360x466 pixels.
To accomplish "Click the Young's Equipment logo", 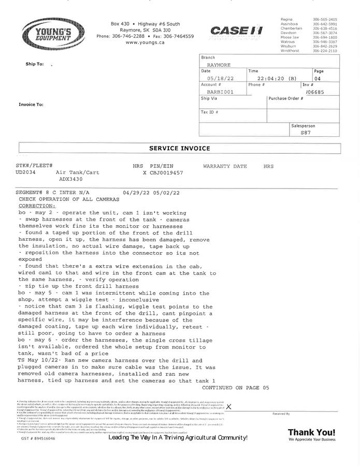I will (53, 34).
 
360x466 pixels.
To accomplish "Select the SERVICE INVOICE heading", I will (180, 149).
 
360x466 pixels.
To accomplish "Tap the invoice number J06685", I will (315, 92).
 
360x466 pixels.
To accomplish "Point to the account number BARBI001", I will (217, 92).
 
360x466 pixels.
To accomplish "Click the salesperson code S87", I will (306, 133).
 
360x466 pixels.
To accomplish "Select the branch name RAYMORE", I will (218, 65).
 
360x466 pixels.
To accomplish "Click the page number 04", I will (318, 79).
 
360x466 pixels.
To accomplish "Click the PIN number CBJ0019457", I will (166, 172).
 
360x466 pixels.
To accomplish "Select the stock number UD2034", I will (26, 172).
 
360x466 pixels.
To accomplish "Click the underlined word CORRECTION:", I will (37, 206).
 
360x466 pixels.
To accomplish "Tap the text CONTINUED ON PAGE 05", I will (236, 387).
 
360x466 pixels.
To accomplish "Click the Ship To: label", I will (35, 64).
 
